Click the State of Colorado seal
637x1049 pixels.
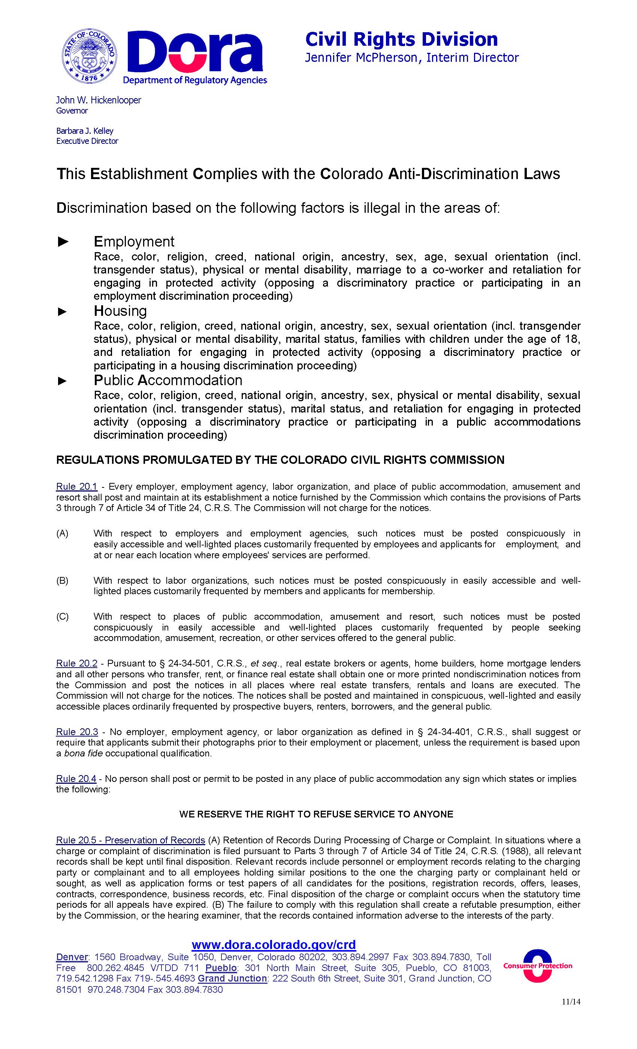89,57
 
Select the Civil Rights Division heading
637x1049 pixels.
401,40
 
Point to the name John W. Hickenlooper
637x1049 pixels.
98,100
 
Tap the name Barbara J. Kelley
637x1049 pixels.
85,131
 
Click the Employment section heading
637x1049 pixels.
134,241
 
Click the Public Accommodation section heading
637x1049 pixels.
168,380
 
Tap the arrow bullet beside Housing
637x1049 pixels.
63,312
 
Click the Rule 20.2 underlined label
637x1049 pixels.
77,663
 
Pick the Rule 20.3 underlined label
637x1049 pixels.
77,732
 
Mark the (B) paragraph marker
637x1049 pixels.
62,581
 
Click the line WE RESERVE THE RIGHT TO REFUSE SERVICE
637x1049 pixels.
316,814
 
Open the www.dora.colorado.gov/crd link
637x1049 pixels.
274,945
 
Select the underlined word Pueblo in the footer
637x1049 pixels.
221,968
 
